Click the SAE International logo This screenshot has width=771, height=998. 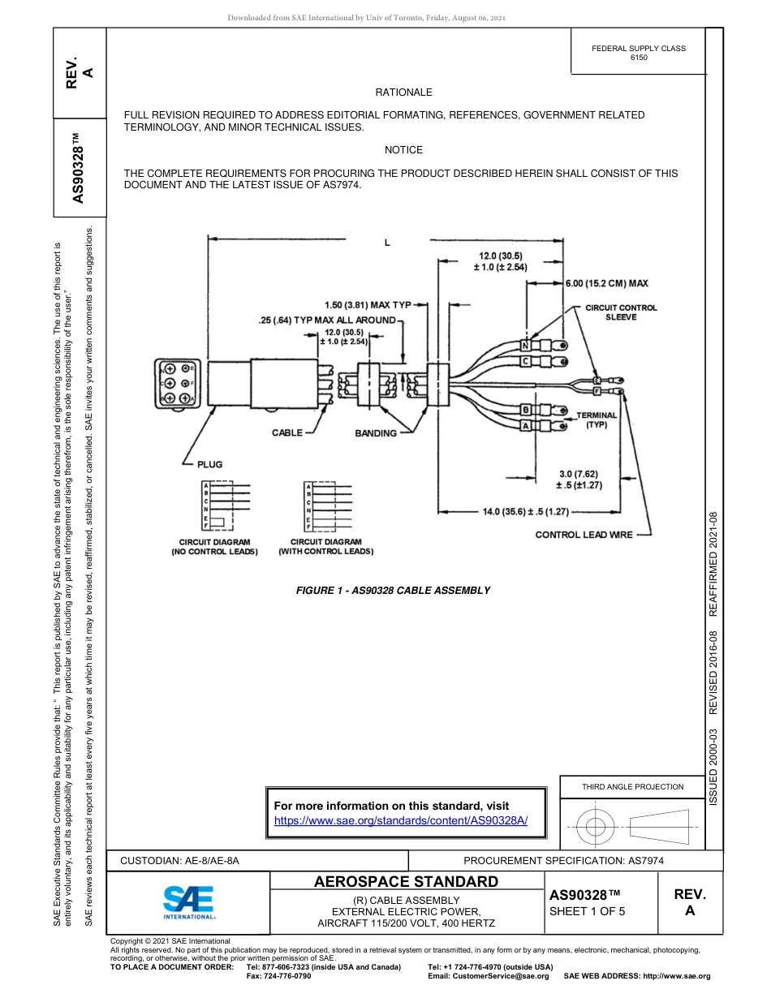click(189, 901)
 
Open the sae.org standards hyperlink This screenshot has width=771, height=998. click(401, 820)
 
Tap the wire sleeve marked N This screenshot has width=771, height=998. click(525, 345)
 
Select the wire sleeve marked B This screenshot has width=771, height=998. click(525, 409)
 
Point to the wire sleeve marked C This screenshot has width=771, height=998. click(525, 360)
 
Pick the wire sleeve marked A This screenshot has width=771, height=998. click(525, 425)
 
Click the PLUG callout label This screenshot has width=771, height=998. click(209, 464)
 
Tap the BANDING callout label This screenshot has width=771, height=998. click(376, 433)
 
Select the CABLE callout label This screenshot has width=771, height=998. click(286, 432)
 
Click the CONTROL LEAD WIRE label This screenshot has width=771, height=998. click(584, 535)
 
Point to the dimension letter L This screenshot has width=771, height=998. click(387, 243)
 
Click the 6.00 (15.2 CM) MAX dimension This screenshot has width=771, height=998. click(606, 283)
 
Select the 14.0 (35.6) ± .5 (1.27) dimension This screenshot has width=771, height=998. click(525, 512)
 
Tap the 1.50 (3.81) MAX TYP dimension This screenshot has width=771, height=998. click(368, 305)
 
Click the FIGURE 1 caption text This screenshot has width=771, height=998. click(393, 590)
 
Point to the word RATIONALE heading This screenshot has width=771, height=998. click(403, 92)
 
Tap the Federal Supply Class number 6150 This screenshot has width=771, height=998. click(639, 58)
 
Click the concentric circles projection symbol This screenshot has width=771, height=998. click(597, 828)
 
